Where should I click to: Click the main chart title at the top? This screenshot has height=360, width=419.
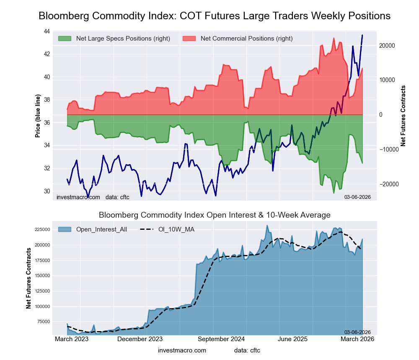pyautogui.click(x=215, y=16)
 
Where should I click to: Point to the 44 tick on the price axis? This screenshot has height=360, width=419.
pyautogui.click(x=47, y=31)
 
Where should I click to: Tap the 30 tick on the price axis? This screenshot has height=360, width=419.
pyautogui.click(x=47, y=191)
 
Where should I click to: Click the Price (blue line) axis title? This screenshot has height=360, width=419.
pyautogui.click(x=38, y=116)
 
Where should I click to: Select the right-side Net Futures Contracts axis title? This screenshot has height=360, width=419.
pyautogui.click(x=403, y=116)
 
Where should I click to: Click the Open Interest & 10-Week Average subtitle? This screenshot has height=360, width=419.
pyautogui.click(x=215, y=215)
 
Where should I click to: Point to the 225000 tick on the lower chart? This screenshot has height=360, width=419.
pyautogui.click(x=42, y=229)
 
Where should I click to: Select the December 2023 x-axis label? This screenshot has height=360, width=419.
pyautogui.click(x=140, y=339)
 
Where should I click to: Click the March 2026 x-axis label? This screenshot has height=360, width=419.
pyautogui.click(x=357, y=339)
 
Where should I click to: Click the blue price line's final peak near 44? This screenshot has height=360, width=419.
pyautogui.click(x=362, y=35)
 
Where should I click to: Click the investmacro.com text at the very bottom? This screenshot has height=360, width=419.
pyautogui.click(x=182, y=350)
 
